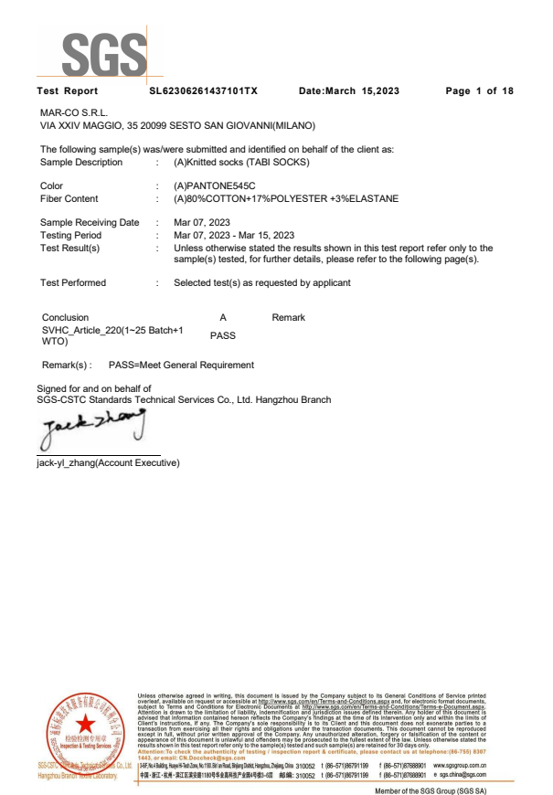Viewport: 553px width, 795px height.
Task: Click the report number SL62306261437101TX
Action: (x=203, y=91)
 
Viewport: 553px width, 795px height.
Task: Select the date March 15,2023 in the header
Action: (x=349, y=91)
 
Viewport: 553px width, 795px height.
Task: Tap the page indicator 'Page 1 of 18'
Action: (x=479, y=91)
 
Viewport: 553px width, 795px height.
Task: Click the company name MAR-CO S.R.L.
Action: (x=72, y=112)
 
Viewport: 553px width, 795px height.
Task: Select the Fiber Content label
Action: (x=69, y=198)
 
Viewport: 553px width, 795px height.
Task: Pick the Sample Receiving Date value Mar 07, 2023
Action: (x=203, y=223)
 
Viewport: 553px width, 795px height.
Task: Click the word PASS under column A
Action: (x=223, y=335)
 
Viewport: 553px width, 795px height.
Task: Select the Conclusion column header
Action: (x=66, y=317)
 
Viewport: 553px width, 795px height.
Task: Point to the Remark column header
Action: (x=289, y=317)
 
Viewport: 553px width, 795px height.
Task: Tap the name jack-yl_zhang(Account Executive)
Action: (x=108, y=462)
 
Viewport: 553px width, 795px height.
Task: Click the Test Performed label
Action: (x=73, y=283)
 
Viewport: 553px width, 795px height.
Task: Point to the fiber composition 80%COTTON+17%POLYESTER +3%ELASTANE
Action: (x=286, y=198)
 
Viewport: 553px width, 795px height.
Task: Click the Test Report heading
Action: (x=67, y=91)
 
